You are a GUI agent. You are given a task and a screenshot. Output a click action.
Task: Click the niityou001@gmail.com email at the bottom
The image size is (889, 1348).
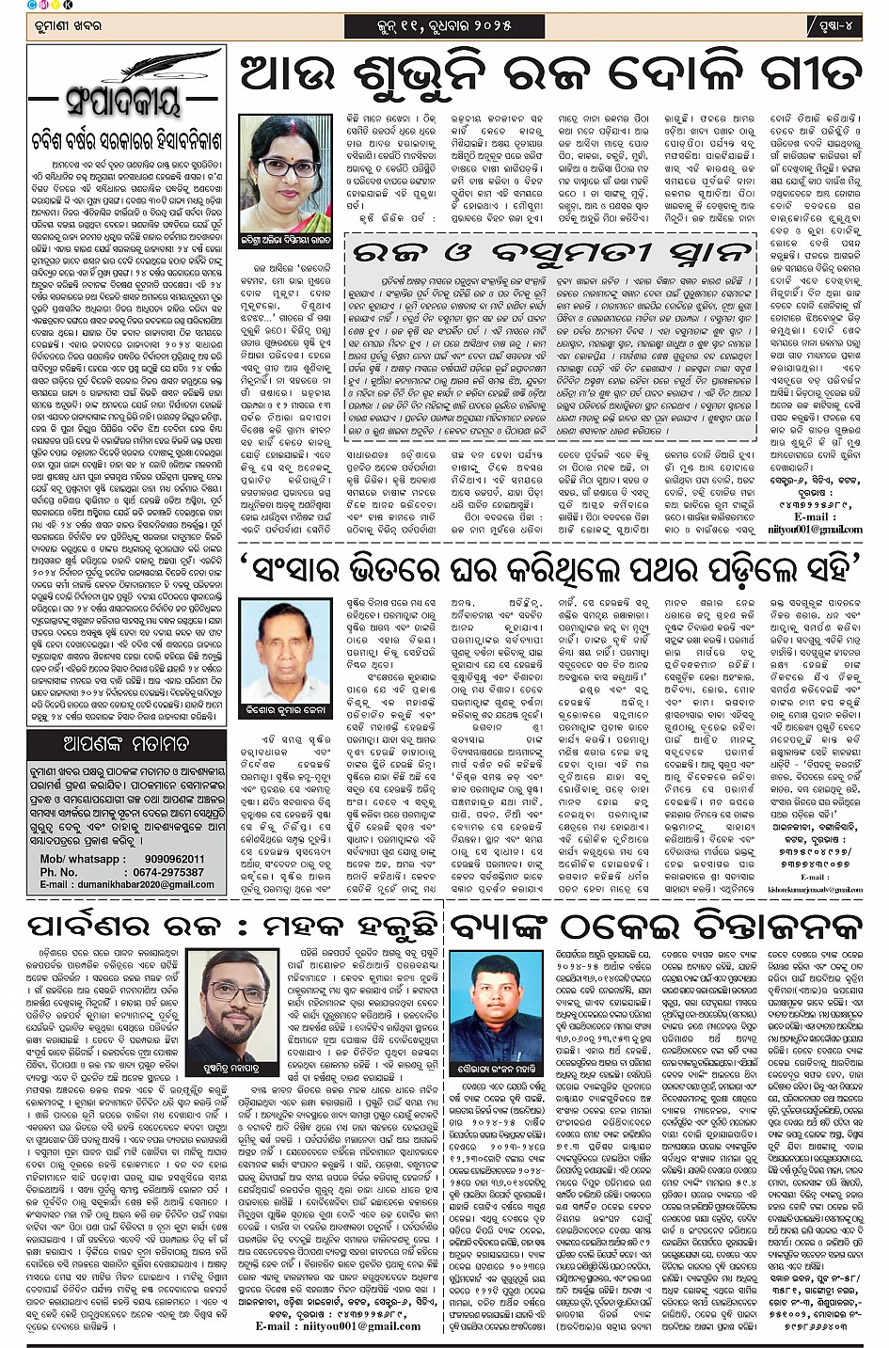pos(339,1326)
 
